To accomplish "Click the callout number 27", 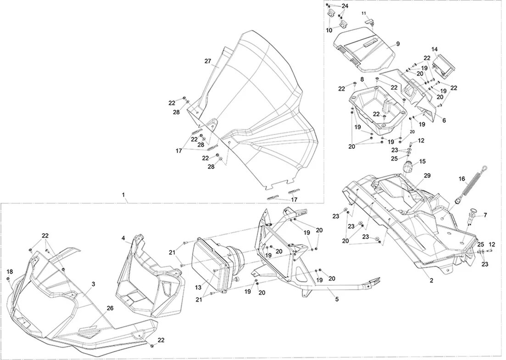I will (207, 61).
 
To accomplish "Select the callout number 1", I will (124, 195).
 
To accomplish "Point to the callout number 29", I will (427, 176).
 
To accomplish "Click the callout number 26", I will (110, 308).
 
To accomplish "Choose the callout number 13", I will (198, 287).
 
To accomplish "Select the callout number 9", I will (398, 44).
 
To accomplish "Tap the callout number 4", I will (123, 238).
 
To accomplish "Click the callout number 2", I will (431, 279).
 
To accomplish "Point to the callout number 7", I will (485, 215).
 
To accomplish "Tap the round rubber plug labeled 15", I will (408, 167).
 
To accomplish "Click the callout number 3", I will (93, 284).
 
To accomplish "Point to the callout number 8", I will (362, 79).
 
